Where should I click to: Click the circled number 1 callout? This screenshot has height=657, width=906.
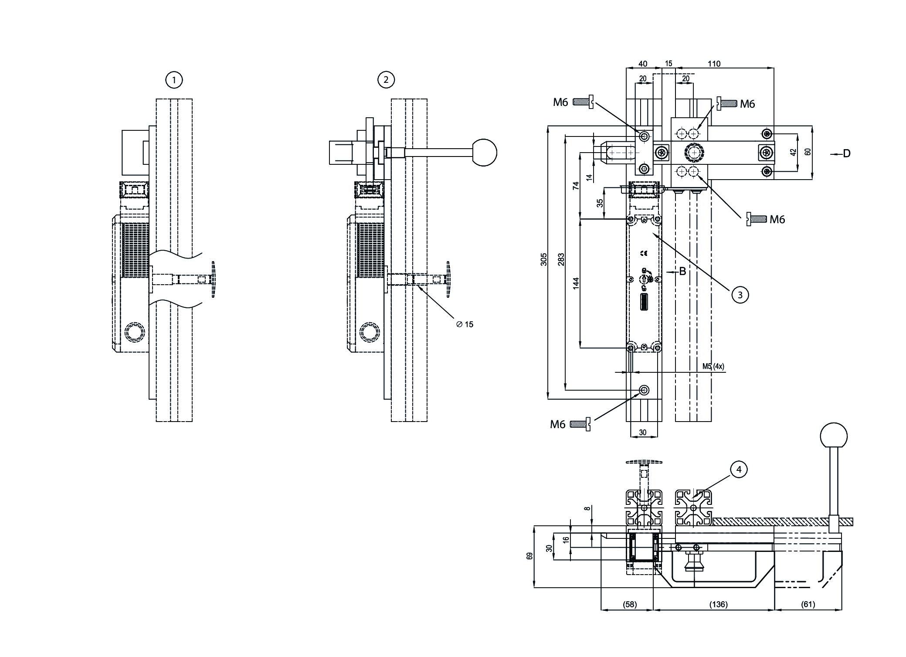point(174,80)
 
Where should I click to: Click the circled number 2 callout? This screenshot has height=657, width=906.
point(386,80)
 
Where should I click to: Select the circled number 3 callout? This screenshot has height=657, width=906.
point(740,295)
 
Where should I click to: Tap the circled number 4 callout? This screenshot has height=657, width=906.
point(739,470)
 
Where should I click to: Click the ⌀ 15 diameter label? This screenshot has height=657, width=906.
point(465,324)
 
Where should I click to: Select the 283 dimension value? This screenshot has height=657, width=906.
point(561,259)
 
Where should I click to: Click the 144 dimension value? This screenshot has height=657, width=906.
point(576,284)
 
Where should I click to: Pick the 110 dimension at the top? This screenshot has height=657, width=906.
point(714,64)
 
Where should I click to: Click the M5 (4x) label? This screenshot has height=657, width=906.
point(713,366)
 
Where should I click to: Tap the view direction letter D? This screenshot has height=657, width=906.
point(846,153)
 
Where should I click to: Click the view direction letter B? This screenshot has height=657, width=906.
point(682,272)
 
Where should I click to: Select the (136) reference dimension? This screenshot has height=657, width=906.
point(718,604)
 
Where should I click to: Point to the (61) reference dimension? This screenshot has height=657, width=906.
point(808,604)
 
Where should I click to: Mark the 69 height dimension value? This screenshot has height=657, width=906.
point(530,556)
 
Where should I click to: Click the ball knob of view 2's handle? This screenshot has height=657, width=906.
point(485,153)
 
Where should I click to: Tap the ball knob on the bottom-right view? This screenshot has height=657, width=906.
point(834,436)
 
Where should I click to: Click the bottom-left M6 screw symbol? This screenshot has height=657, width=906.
point(580,424)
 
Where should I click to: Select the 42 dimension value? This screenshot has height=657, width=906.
point(793,153)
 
